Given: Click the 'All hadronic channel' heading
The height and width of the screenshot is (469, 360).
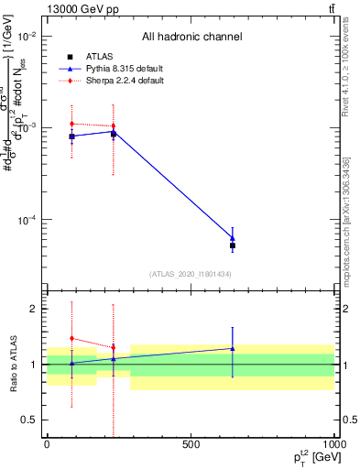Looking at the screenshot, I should click(191, 37).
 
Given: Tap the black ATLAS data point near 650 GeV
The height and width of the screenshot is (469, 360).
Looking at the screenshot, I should click(233, 245).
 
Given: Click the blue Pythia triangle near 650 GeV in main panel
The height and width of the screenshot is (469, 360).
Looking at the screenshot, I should click(233, 237).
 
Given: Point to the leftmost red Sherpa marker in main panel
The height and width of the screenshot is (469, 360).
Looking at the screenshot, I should click(71, 124).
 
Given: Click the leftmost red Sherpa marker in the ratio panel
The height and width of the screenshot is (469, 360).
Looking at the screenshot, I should click(71, 338).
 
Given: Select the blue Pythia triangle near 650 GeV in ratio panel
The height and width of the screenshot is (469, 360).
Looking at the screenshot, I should click(233, 348).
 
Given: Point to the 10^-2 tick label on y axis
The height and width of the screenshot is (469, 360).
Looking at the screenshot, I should click(26, 37).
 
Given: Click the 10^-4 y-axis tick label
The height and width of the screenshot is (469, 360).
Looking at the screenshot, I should click(26, 220).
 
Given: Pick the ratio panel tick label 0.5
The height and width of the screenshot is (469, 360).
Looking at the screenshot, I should click(29, 420).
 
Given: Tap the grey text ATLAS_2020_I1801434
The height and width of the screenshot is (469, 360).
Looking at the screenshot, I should click(191, 274).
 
